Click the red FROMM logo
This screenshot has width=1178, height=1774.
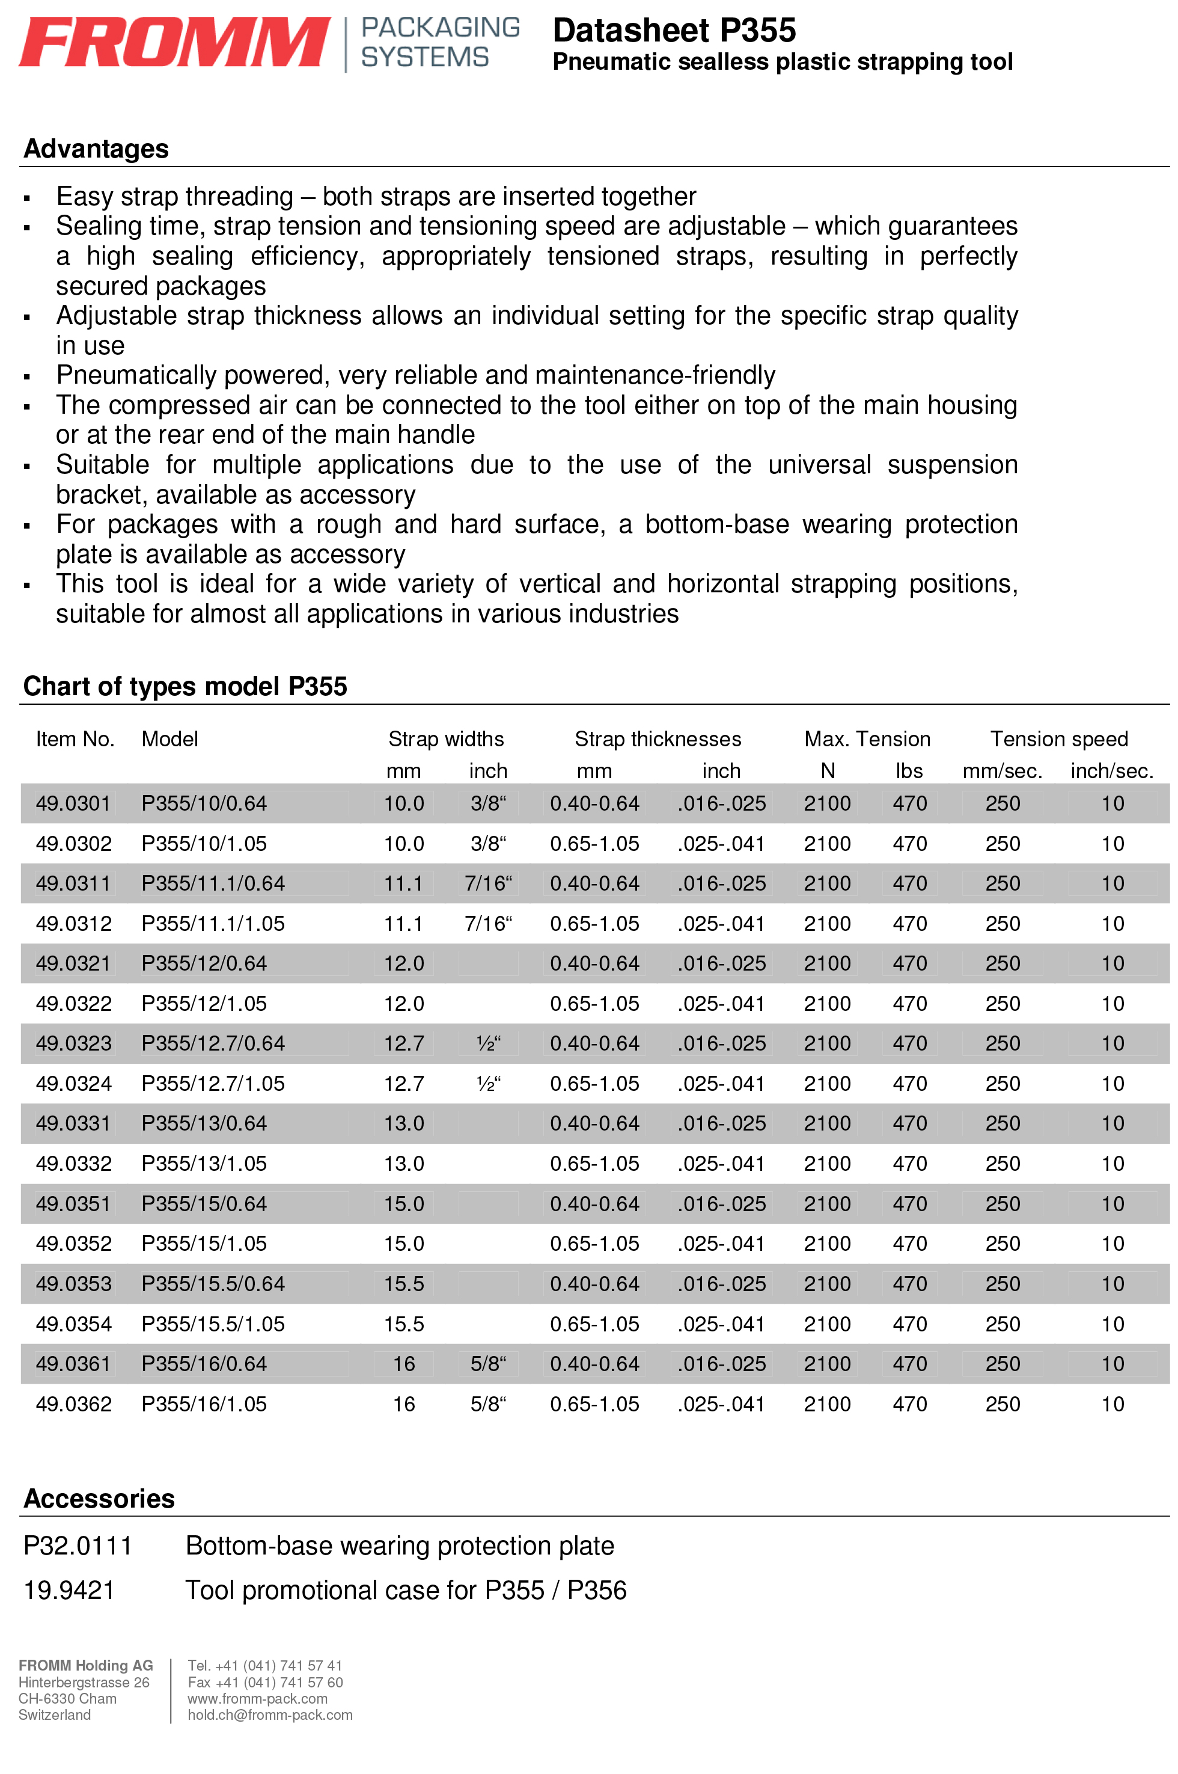(174, 42)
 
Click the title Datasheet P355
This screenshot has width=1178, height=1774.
(674, 31)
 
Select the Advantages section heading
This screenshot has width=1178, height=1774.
(96, 149)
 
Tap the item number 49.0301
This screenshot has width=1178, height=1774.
(73, 803)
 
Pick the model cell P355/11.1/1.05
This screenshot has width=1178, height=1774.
(213, 924)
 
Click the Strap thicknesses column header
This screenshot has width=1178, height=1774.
(658, 739)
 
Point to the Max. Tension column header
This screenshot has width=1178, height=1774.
(867, 739)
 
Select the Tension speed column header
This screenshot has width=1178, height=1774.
(1058, 739)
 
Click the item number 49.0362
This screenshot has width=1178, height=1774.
(73, 1404)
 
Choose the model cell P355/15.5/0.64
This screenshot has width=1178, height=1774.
(213, 1284)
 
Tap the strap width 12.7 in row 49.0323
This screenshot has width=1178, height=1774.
(404, 1043)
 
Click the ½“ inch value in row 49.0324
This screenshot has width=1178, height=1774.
(488, 1083)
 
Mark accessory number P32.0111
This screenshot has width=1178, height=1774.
(78, 1545)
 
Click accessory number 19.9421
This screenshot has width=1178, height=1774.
(69, 1590)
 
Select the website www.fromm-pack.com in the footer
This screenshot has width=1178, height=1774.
(258, 1699)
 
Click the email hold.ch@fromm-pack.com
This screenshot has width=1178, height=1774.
(270, 1714)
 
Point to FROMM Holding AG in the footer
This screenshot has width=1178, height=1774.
(85, 1666)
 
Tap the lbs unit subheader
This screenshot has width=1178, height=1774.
(909, 771)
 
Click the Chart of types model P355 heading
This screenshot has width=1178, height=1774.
(186, 686)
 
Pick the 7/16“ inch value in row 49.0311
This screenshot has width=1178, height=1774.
(488, 883)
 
